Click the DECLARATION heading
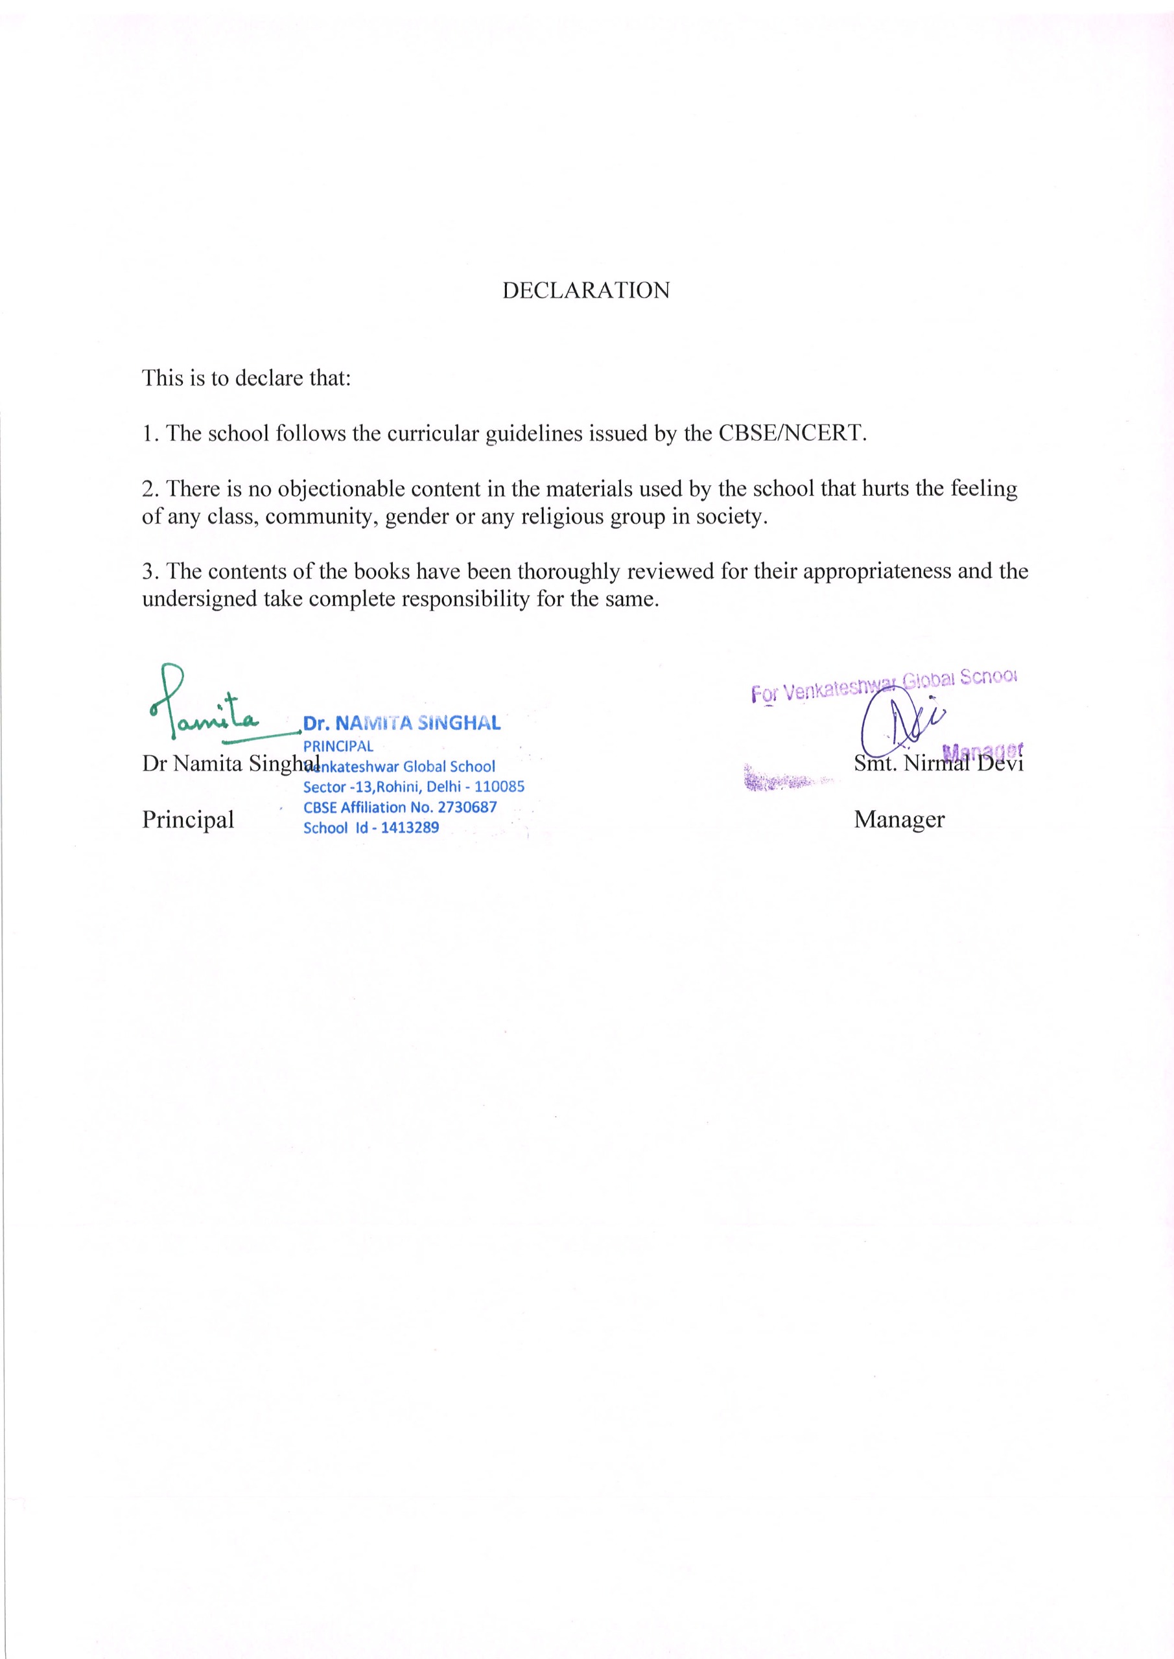click(x=585, y=290)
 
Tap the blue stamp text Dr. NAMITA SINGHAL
click(x=401, y=723)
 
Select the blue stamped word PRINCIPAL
click(x=338, y=747)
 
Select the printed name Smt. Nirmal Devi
click(x=938, y=764)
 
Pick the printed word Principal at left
click(x=188, y=819)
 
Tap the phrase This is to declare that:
click(x=246, y=378)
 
